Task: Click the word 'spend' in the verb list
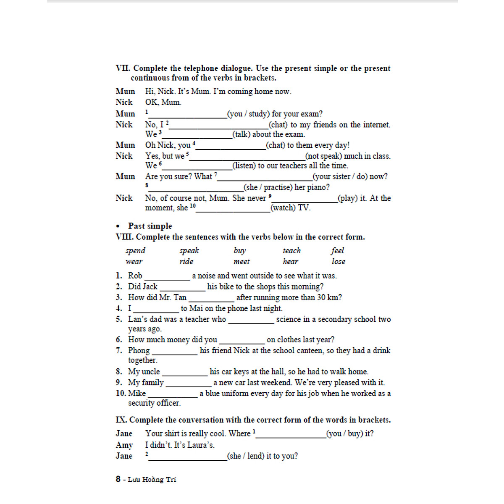pos(135,251)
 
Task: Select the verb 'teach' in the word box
pos(291,251)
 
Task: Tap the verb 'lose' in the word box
pos(338,261)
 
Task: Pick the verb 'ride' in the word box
pos(186,261)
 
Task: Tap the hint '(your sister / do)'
pos(350,176)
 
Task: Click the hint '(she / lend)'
pos(262,456)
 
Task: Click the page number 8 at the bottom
pos(118,479)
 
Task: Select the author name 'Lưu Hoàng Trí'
pos(152,480)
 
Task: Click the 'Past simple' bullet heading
pos(150,226)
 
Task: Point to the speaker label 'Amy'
pos(124,445)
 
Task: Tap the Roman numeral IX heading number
pos(121,420)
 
